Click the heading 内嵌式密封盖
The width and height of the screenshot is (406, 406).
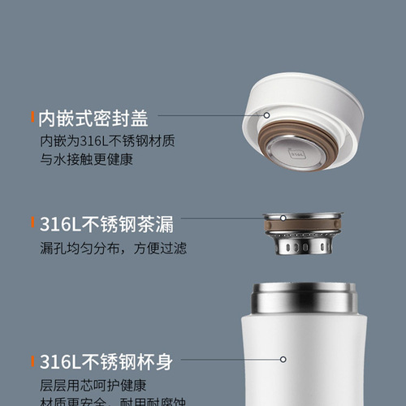[x=93, y=119]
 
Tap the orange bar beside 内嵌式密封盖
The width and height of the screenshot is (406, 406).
[x=32, y=119]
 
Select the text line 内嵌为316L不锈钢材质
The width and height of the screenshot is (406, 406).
[x=101, y=142]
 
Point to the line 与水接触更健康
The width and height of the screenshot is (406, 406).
[x=86, y=159]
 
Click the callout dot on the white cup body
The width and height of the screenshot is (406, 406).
[x=282, y=359]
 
